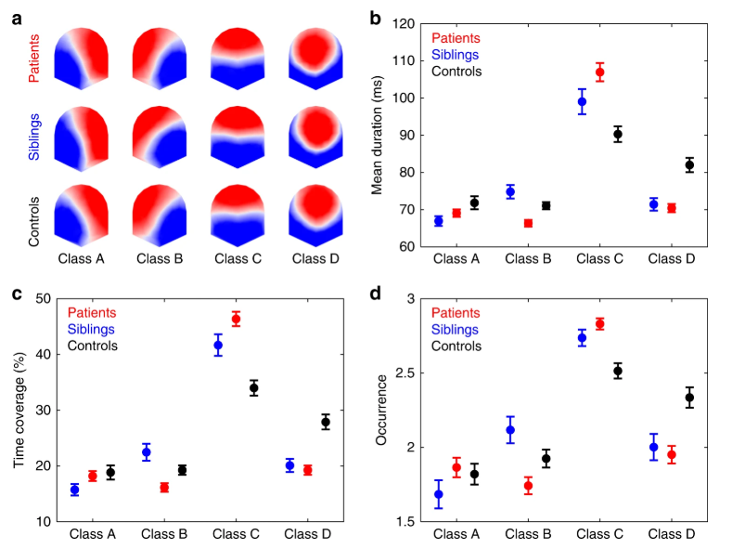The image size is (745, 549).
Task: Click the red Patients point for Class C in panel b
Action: point(599,72)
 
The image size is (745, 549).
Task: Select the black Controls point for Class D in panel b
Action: point(689,165)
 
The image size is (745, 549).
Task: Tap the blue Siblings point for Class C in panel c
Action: point(218,345)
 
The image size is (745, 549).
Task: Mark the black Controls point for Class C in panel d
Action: point(618,371)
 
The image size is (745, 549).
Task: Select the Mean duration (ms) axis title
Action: point(379,134)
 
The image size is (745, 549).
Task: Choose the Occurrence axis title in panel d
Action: point(381,410)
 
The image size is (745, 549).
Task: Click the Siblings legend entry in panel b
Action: point(454,55)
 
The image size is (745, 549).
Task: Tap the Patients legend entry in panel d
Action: point(455,313)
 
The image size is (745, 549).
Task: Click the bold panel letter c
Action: point(18,294)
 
